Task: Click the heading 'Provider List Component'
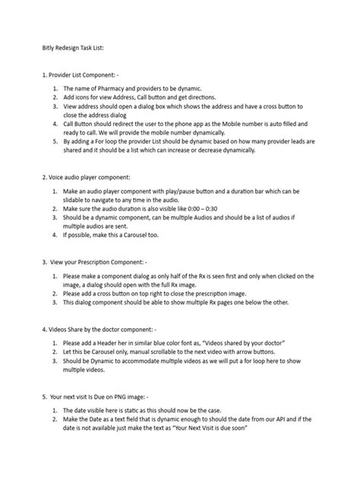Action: tap(84, 76)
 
